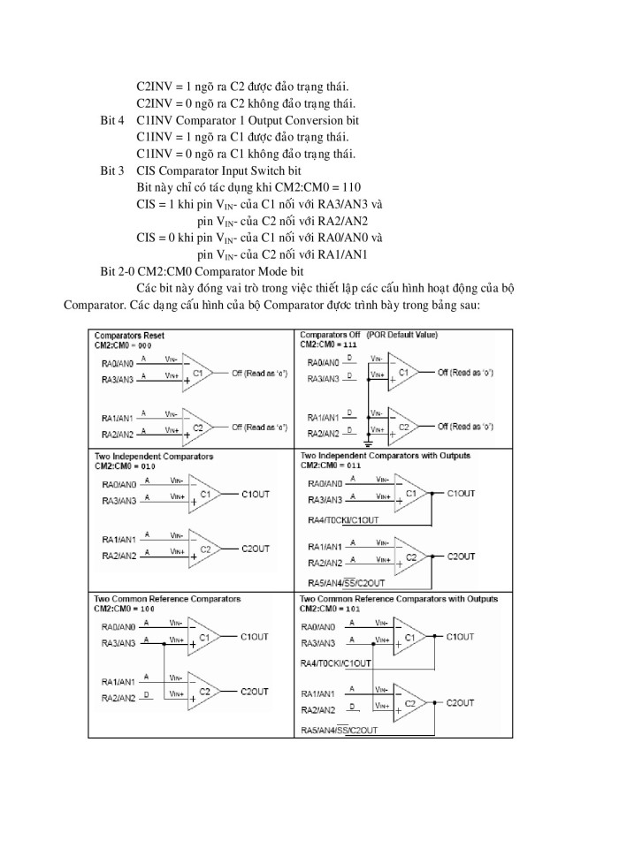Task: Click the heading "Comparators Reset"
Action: coord(129,336)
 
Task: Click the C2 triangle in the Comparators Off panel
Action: coord(406,426)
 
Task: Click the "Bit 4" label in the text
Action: coord(111,119)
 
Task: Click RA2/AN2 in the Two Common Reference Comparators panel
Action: coord(117,698)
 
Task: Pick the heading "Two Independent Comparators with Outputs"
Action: coord(385,457)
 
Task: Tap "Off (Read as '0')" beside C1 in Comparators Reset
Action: coord(259,374)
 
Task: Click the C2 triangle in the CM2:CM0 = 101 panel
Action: coord(409,703)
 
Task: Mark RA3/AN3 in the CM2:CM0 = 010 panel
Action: coord(117,501)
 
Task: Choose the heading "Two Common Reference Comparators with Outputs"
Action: coord(398,599)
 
